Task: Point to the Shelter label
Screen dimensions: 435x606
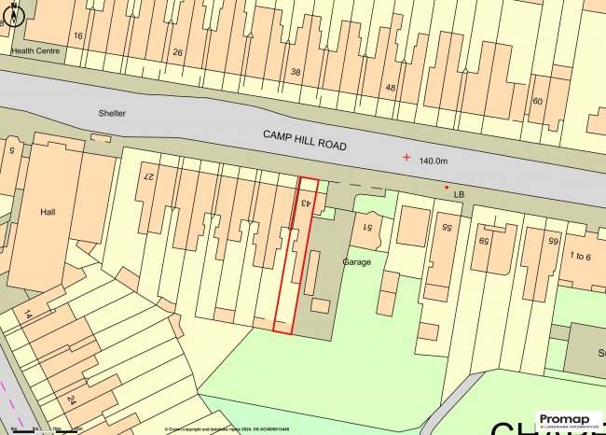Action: (x=111, y=113)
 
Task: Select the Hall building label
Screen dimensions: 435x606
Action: (x=48, y=212)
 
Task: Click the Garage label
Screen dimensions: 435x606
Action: (x=356, y=262)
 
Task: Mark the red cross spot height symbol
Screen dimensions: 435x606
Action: (x=406, y=157)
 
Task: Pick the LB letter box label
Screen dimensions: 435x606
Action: (x=459, y=194)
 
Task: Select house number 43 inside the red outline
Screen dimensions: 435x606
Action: (x=305, y=201)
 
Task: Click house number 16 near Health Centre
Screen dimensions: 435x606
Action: (x=78, y=35)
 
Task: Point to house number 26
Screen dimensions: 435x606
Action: (x=178, y=52)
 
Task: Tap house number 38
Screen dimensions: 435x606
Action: (x=296, y=71)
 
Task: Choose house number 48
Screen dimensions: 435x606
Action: (x=390, y=88)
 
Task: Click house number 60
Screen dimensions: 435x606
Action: (x=537, y=101)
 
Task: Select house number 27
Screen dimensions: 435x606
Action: (x=146, y=175)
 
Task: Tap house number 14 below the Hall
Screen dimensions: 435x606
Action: (x=29, y=315)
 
